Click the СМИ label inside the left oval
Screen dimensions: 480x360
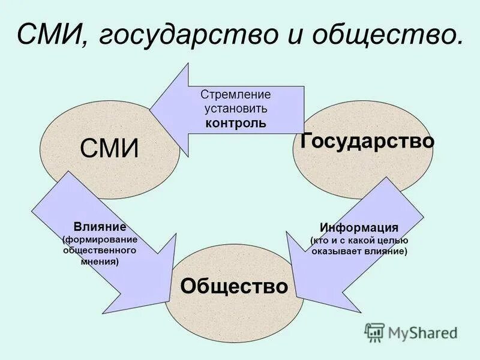[109, 148]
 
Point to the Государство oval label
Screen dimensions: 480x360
[367, 141]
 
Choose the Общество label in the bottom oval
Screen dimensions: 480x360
[234, 286]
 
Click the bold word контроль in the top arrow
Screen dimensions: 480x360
[236, 124]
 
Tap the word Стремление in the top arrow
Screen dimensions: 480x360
[236, 95]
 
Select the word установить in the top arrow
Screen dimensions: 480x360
[236, 109]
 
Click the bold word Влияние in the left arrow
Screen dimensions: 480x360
[100, 227]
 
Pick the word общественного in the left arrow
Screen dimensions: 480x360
[100, 250]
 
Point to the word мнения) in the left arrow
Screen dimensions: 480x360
[100, 262]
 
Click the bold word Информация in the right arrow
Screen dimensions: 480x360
[359, 228]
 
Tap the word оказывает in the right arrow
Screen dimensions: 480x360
[336, 251]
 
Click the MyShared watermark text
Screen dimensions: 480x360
[422, 332]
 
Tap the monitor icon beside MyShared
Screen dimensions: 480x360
[375, 332]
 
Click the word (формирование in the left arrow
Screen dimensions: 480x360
[100, 239]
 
